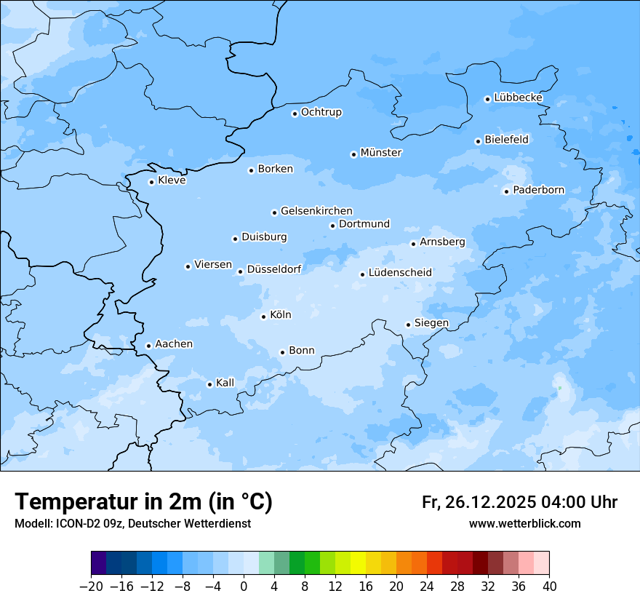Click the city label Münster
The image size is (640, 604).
pyautogui.click(x=381, y=153)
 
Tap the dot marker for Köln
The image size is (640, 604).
pyautogui.click(x=263, y=317)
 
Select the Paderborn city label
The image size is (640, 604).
pyautogui.click(x=538, y=190)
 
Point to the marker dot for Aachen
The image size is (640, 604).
pyautogui.click(x=148, y=346)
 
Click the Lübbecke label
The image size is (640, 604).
pyautogui.click(x=518, y=98)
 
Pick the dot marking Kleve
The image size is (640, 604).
pyautogui.click(x=151, y=182)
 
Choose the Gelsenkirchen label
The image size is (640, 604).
pyautogui.click(x=316, y=211)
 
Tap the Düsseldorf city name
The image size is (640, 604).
pyautogui.click(x=274, y=269)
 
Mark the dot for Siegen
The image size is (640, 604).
pyautogui.click(x=408, y=325)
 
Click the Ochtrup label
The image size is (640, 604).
pyautogui.click(x=321, y=112)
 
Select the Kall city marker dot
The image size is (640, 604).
pyautogui.click(x=209, y=384)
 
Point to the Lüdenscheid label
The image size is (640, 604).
pyautogui.click(x=400, y=273)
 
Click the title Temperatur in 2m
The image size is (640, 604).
pyautogui.click(x=143, y=502)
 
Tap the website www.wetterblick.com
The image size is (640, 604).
pyautogui.click(x=524, y=523)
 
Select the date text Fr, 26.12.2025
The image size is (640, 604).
pyautogui.click(x=479, y=502)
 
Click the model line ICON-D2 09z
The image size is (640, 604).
pyautogui.click(x=132, y=523)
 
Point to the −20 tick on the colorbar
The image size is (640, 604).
pyautogui.click(x=91, y=587)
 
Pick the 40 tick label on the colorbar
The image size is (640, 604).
pyautogui.click(x=549, y=587)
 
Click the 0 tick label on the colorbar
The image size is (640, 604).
pyautogui.click(x=244, y=587)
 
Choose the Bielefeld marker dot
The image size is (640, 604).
pyautogui.click(x=478, y=141)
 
